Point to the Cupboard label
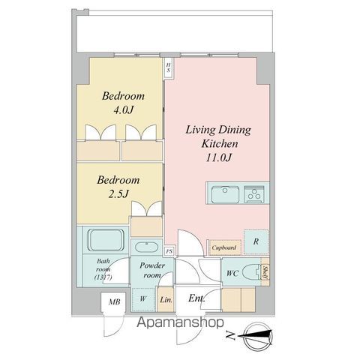(x=224, y=247)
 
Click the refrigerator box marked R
(x=256, y=241)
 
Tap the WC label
(x=232, y=274)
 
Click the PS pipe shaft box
(x=169, y=251)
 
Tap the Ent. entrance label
(x=196, y=299)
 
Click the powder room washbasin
(x=144, y=247)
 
